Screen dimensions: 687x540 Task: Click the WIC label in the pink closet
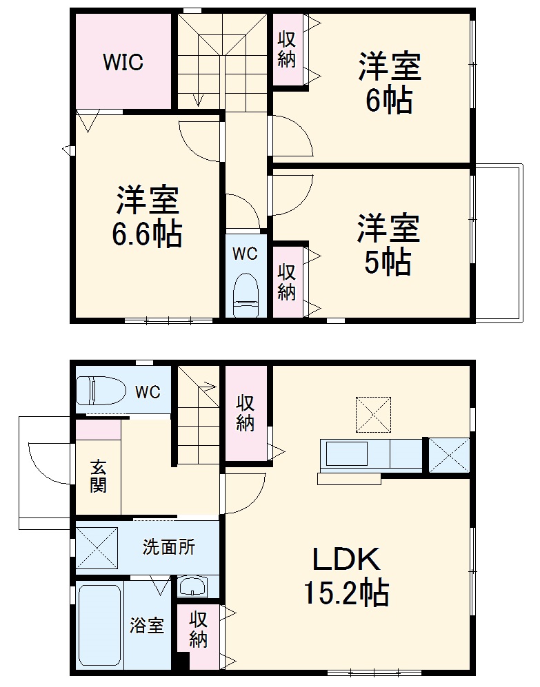click(123, 62)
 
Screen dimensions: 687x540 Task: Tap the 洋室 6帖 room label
click(389, 83)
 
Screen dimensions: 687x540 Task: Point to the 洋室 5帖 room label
click(388, 245)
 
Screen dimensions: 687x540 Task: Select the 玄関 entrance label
click(98, 476)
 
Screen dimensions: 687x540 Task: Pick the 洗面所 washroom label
click(169, 547)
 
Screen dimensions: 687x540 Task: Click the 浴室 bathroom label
click(148, 626)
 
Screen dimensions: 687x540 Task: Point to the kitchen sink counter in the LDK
click(370, 456)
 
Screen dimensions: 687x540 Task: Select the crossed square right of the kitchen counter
click(449, 455)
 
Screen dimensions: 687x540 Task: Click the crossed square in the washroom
click(98, 547)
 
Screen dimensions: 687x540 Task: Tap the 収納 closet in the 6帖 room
click(288, 50)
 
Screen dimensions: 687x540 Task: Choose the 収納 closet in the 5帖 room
click(288, 282)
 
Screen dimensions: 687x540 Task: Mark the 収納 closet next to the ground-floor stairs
click(246, 413)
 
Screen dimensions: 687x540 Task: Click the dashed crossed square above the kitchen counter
click(373, 414)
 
